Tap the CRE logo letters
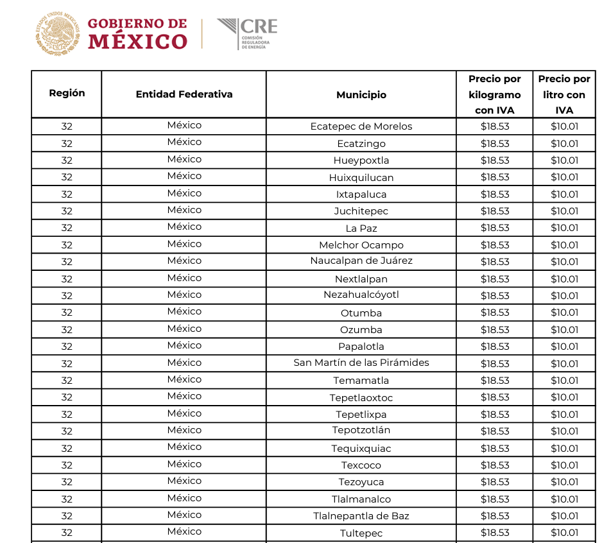(x=259, y=27)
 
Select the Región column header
(x=67, y=93)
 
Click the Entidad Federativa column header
(x=184, y=94)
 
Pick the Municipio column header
(x=361, y=95)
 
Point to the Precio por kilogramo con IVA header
(x=494, y=94)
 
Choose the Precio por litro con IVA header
(x=564, y=94)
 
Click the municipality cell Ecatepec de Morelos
(x=361, y=126)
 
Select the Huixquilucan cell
(x=361, y=177)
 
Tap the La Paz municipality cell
(x=361, y=228)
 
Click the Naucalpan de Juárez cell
(x=361, y=261)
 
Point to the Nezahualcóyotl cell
(x=361, y=295)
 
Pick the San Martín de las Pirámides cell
(x=361, y=363)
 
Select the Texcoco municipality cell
(x=361, y=465)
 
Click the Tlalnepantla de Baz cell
(x=361, y=516)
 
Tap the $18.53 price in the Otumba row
(x=495, y=313)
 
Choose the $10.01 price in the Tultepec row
(x=564, y=533)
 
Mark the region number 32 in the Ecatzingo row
(x=67, y=144)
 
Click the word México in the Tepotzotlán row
(x=184, y=430)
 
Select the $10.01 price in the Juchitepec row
(x=564, y=211)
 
